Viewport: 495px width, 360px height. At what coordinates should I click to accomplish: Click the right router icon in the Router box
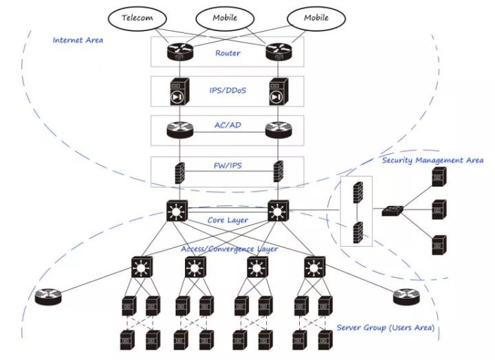click(x=279, y=50)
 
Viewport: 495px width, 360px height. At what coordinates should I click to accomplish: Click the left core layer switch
click(x=176, y=210)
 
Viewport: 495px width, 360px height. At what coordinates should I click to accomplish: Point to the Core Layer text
click(x=227, y=220)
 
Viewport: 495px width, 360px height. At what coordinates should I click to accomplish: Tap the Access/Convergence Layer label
click(x=230, y=249)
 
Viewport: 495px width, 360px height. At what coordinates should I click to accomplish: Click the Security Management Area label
click(x=432, y=160)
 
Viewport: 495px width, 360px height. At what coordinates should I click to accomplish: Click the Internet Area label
click(x=78, y=40)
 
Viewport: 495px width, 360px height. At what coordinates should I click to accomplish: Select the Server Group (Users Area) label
click(x=385, y=327)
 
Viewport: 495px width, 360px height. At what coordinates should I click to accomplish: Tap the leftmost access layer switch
click(x=142, y=267)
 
